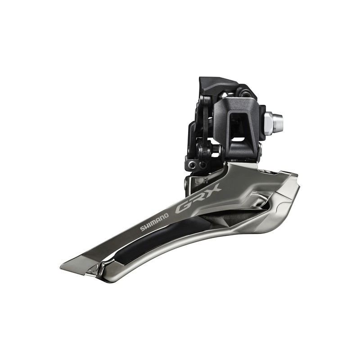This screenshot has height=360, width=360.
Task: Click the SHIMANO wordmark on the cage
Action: tap(154, 222)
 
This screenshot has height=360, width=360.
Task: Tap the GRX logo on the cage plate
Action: tap(198, 200)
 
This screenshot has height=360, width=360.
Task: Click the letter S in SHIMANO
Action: tap(142, 228)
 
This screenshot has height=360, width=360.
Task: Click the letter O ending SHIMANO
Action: tap(166, 216)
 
